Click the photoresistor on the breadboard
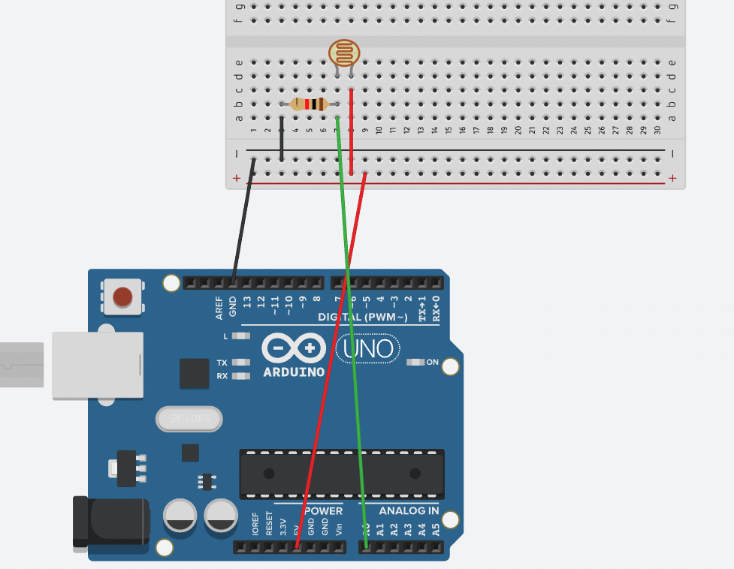[344, 53]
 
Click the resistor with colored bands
[309, 104]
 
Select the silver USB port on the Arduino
[97, 365]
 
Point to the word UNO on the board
[368, 348]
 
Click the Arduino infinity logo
[294, 348]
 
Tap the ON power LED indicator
[415, 362]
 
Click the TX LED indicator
[240, 362]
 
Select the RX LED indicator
[240, 376]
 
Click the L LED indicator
[240, 336]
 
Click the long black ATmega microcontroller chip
[342, 474]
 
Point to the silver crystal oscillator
[189, 419]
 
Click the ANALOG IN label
[409, 510]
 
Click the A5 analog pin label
[436, 528]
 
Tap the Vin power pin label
[339, 528]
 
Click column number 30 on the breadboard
[658, 130]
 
